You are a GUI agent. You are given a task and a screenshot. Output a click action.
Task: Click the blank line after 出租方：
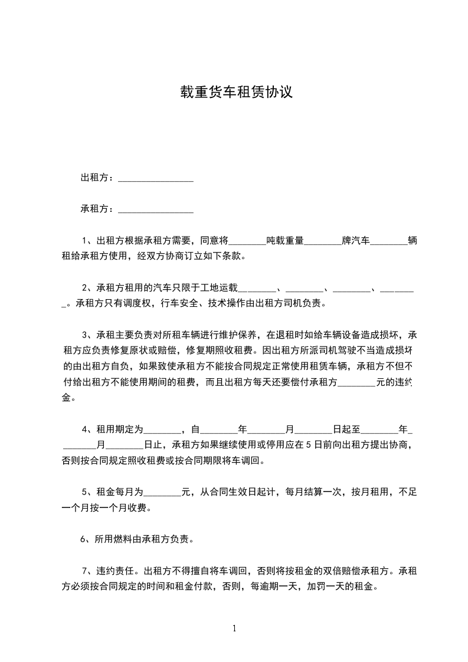tap(156, 179)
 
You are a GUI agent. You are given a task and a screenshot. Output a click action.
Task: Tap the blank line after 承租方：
tap(156, 210)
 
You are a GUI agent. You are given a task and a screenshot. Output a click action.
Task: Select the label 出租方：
tap(98, 178)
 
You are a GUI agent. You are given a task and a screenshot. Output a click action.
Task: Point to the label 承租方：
tap(98, 209)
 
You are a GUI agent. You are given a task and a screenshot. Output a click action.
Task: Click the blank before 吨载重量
tap(247, 242)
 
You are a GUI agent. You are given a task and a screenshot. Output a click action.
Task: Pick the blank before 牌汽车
tap(323, 242)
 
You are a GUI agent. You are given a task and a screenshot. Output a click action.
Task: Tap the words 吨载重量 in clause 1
tap(284, 241)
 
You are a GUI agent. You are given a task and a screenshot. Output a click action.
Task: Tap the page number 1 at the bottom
tap(234, 628)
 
